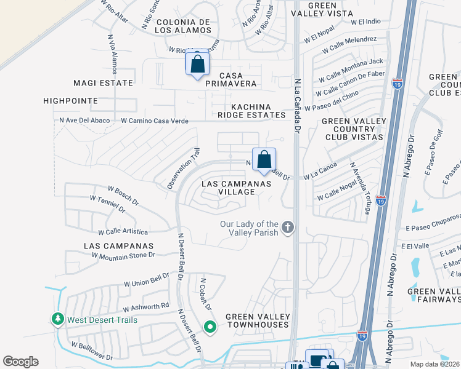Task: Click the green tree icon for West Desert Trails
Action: pyautogui.click(x=57, y=319)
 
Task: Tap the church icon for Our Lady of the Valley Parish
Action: pyautogui.click(x=287, y=228)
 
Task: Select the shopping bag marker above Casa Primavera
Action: pyautogui.click(x=197, y=63)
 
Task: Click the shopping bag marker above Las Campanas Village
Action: pyautogui.click(x=264, y=160)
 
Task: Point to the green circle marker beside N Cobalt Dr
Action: pyautogui.click(x=210, y=327)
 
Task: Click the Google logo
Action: pyautogui.click(x=21, y=361)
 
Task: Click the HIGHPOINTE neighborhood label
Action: pyautogui.click(x=71, y=100)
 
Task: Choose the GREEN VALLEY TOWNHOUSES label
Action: pyautogui.click(x=257, y=320)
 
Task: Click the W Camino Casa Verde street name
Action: pyautogui.click(x=155, y=121)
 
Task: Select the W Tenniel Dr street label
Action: pyautogui.click(x=107, y=204)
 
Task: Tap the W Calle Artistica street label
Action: pyautogui.click(x=123, y=232)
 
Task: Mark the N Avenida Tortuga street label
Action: pyautogui.click(x=360, y=188)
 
